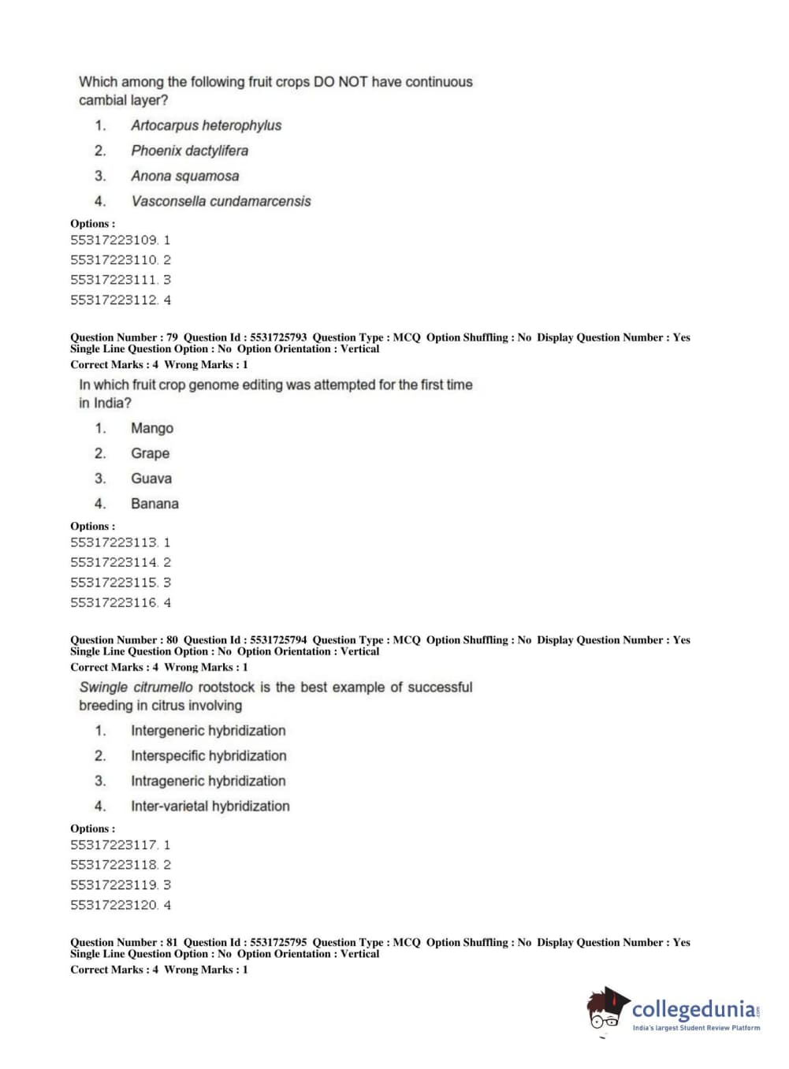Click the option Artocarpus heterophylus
point(206,125)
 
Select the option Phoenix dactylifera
point(189,151)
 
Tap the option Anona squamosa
point(184,176)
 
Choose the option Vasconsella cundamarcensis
point(221,201)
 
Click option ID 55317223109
point(120,240)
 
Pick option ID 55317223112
point(120,300)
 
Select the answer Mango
point(152,428)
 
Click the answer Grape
point(150,453)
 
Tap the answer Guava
point(151,479)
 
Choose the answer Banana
point(154,504)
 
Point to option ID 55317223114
point(120,562)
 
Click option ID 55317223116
point(120,602)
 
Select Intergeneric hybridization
point(208,731)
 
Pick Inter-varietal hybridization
point(210,806)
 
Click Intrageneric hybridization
point(208,780)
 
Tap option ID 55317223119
point(120,885)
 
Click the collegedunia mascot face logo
point(606,1010)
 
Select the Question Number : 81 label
point(124,942)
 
